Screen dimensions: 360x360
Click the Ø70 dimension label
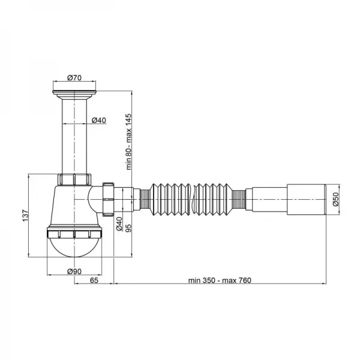click(x=74, y=78)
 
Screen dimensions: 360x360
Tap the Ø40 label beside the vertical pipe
click(x=99, y=120)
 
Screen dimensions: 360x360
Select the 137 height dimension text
click(x=25, y=215)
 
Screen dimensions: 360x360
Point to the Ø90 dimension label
click(x=74, y=271)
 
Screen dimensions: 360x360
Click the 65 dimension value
click(x=94, y=280)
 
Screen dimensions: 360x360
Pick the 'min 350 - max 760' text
click(x=220, y=280)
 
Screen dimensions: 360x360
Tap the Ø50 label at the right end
click(x=335, y=199)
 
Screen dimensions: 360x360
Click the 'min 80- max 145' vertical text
click(x=129, y=142)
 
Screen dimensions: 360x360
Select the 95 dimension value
click(x=129, y=227)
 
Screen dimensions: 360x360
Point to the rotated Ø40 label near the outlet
click(x=119, y=224)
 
